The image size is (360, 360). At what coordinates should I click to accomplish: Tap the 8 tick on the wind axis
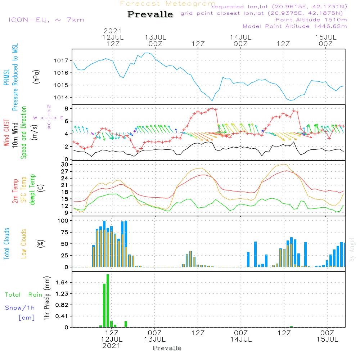(67, 108)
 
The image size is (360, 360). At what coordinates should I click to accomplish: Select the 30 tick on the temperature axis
(65, 165)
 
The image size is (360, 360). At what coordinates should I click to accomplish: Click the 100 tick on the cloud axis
(63, 221)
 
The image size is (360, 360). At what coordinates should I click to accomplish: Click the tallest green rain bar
(108, 301)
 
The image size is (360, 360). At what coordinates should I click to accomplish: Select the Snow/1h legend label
(20, 308)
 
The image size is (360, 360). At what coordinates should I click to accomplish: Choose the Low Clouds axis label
(24, 244)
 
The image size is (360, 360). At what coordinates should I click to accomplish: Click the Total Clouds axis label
(6, 244)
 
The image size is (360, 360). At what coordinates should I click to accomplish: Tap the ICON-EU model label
(46, 20)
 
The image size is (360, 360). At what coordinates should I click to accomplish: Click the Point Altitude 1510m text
(311, 19)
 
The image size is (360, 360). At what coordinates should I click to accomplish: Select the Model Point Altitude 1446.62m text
(295, 26)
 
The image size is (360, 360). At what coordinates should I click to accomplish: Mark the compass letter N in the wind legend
(49, 107)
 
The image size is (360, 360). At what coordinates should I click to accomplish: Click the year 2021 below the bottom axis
(112, 346)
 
